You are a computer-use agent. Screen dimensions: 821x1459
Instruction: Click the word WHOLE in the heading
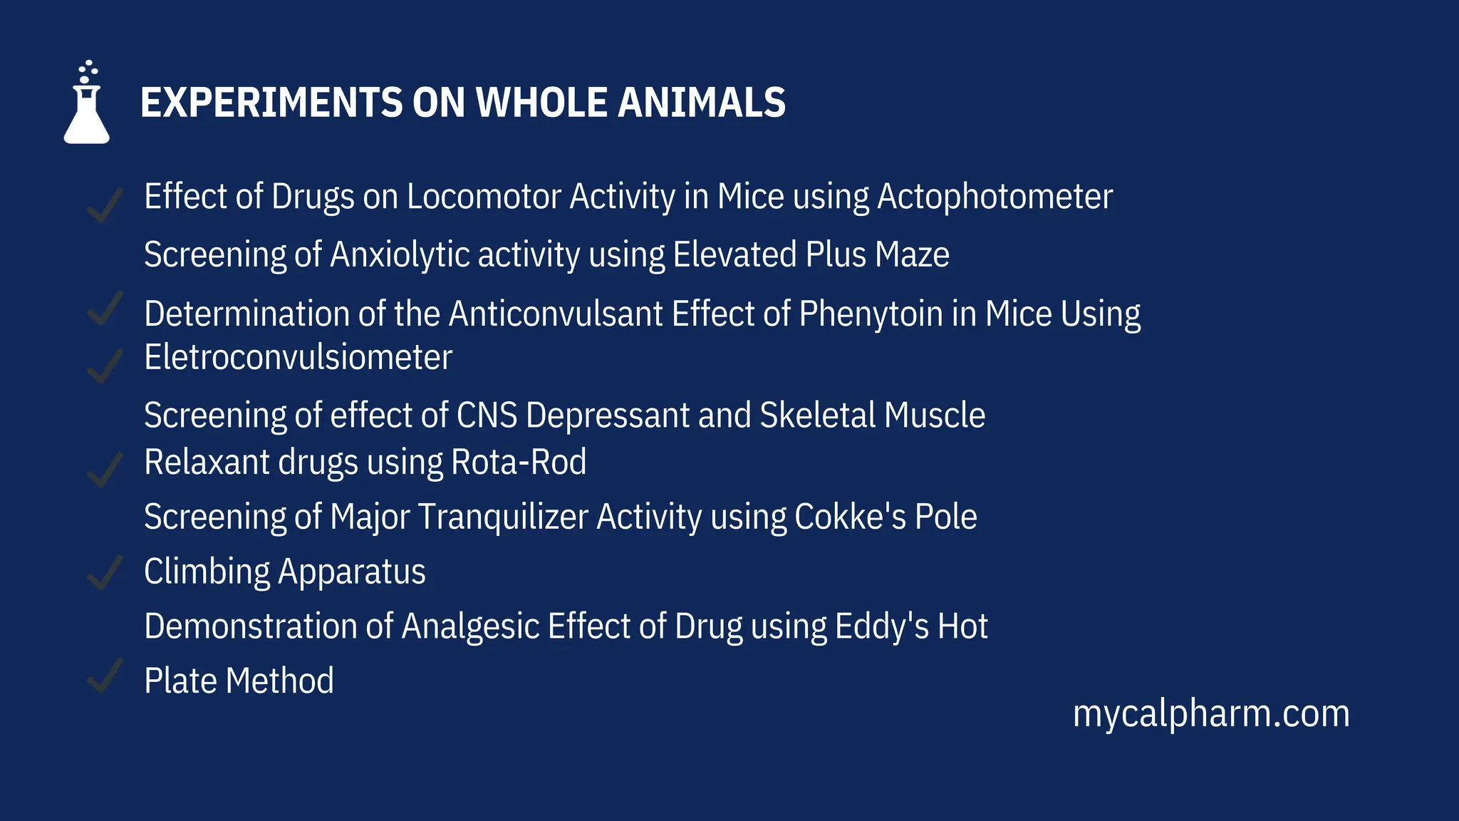click(541, 103)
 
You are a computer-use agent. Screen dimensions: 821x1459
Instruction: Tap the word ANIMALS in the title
click(702, 103)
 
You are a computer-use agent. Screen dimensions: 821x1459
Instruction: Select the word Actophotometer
click(995, 197)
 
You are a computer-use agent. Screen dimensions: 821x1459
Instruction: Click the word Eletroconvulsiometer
click(298, 358)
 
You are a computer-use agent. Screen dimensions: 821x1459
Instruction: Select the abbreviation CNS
click(487, 415)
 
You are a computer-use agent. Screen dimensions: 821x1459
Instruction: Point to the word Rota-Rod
click(519, 463)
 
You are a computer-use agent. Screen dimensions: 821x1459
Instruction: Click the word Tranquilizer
click(503, 517)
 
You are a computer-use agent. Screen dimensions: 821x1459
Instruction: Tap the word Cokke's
click(850, 517)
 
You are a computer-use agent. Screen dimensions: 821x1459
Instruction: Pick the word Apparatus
click(352, 572)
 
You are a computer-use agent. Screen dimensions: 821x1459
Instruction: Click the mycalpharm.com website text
click(1211, 714)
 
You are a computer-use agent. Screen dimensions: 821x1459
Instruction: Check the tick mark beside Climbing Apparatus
click(104, 573)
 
